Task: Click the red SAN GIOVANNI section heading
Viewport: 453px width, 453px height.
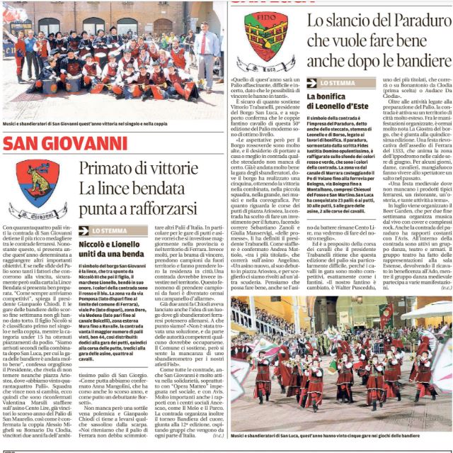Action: coord(65,144)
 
